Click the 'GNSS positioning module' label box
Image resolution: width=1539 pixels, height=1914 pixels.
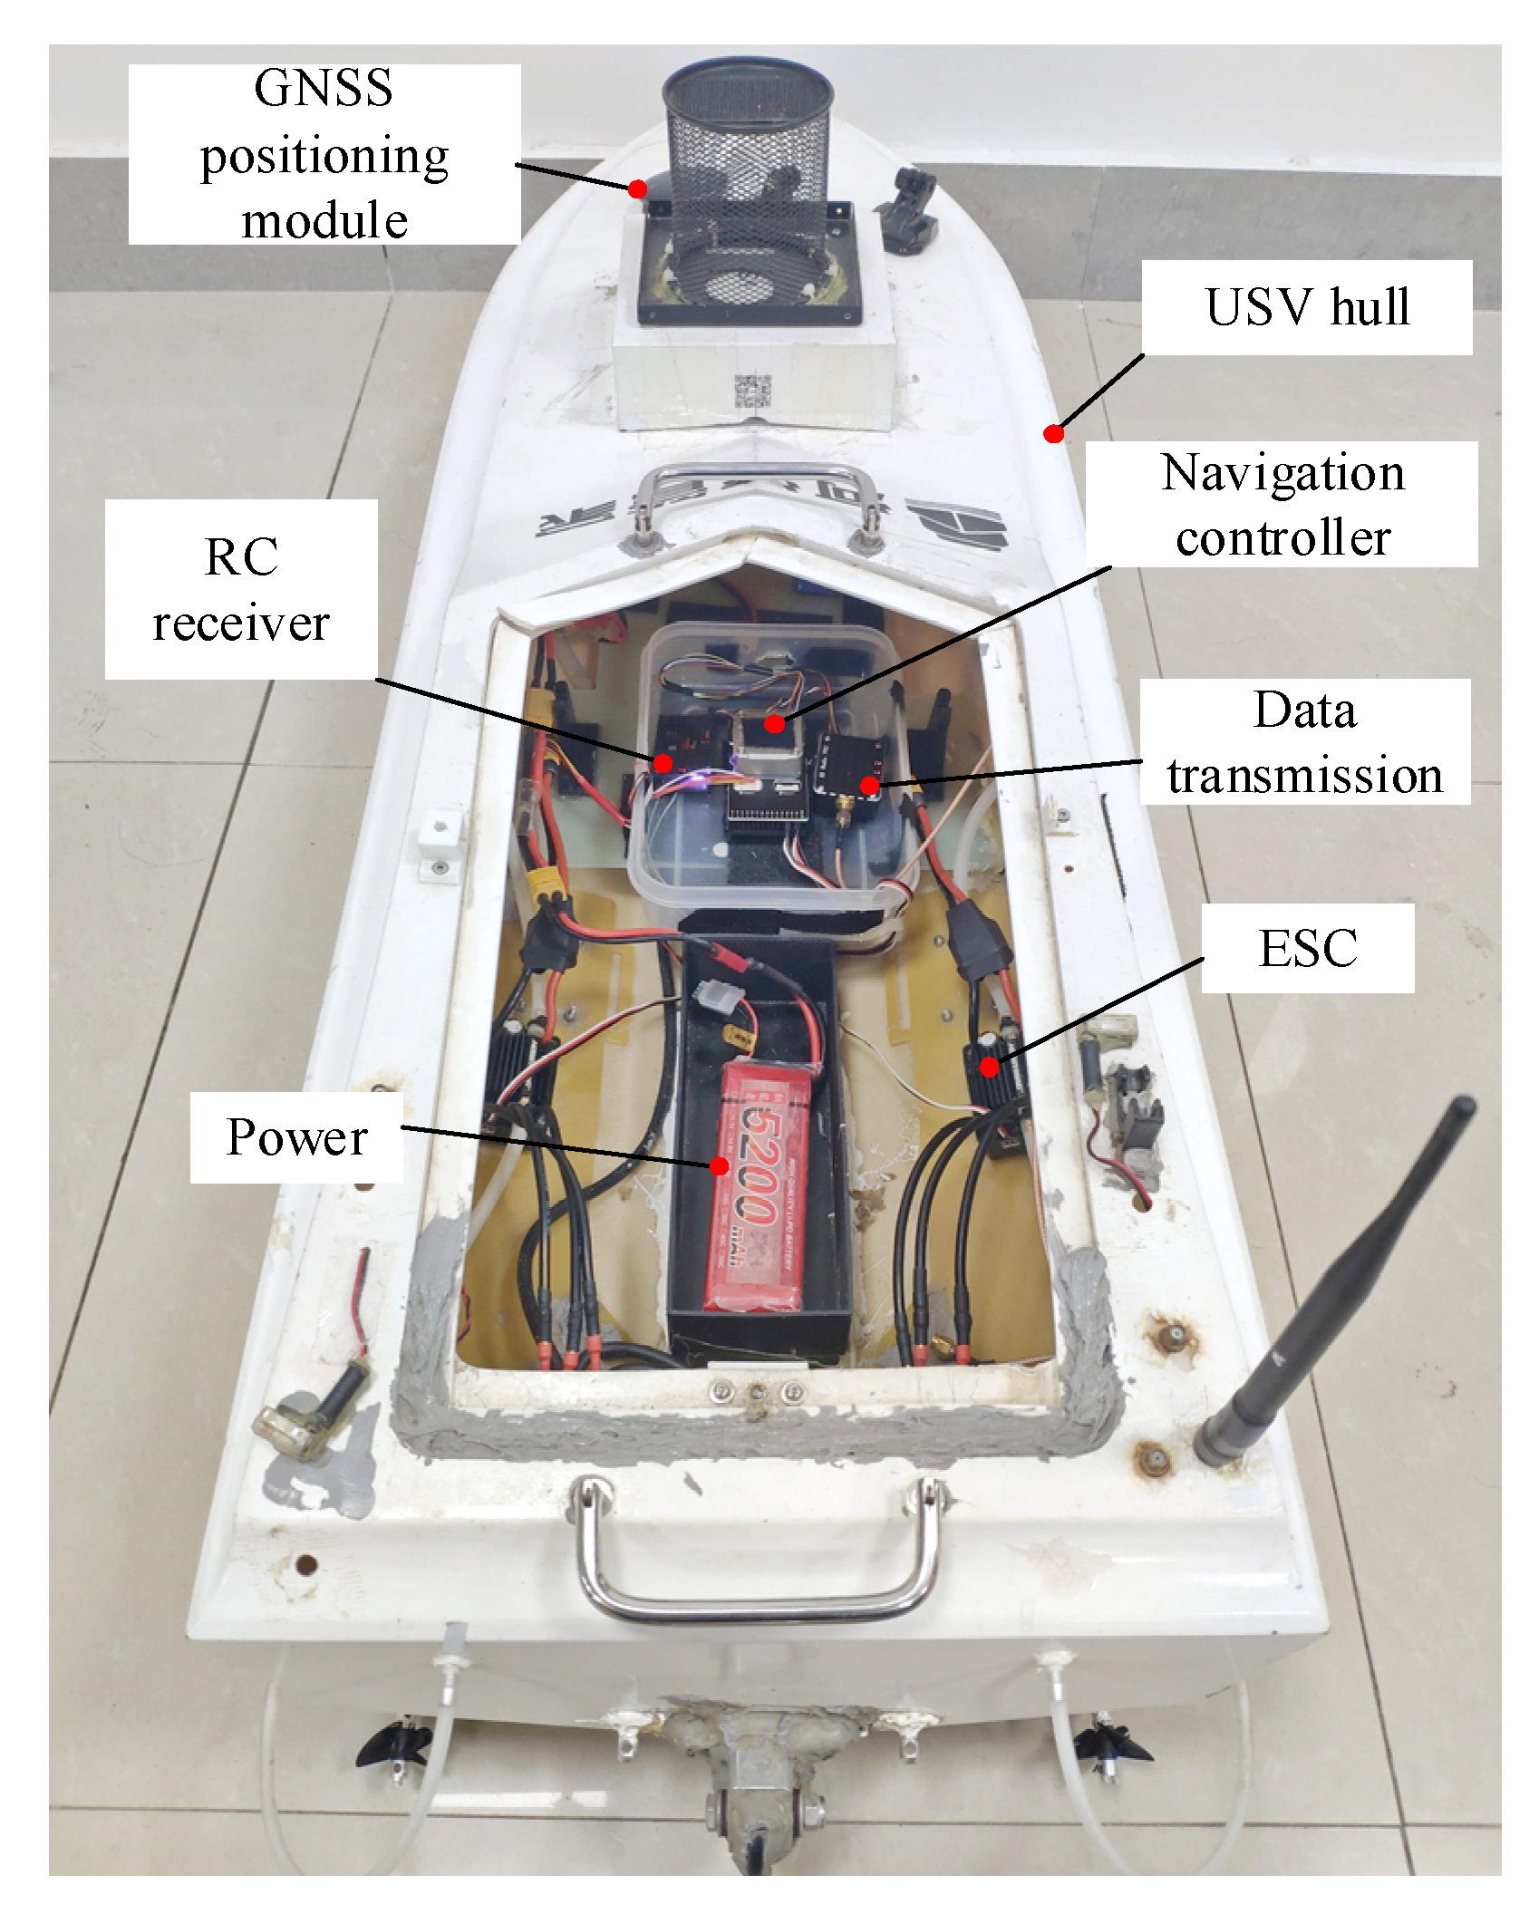pos(324,154)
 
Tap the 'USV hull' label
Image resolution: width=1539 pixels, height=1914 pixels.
pos(1306,307)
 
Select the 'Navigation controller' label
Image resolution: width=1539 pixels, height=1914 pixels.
pos(1282,505)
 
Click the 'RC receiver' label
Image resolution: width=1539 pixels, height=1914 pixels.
pos(241,589)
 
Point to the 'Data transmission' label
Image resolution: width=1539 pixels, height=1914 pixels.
pos(1304,742)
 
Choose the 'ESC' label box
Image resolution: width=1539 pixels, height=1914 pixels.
pos(1307,948)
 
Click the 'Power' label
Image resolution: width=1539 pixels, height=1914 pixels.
pos(296,1136)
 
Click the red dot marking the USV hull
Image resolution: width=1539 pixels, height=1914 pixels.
pos(1053,434)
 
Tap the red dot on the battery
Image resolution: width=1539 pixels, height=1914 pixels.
pos(719,1165)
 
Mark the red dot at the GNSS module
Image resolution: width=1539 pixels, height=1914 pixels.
pos(637,189)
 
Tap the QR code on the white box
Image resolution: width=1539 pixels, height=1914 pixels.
pos(752,391)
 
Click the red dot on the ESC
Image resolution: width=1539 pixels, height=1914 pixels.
pos(989,1068)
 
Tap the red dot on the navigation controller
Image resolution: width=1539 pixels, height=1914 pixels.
pos(774,723)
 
